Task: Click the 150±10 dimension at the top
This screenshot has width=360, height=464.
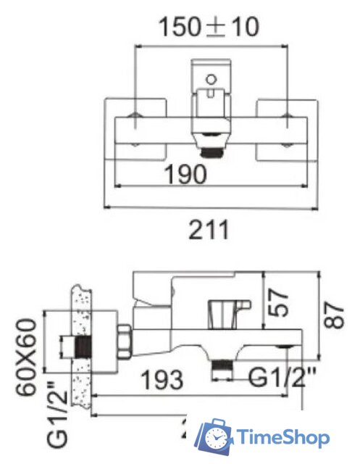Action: click(x=209, y=27)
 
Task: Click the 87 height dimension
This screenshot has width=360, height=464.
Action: click(x=334, y=314)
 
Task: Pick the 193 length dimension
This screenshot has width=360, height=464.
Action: click(x=161, y=378)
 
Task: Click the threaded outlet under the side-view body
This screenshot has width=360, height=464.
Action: click(x=222, y=370)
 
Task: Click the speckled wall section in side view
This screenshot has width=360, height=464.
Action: click(x=83, y=348)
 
